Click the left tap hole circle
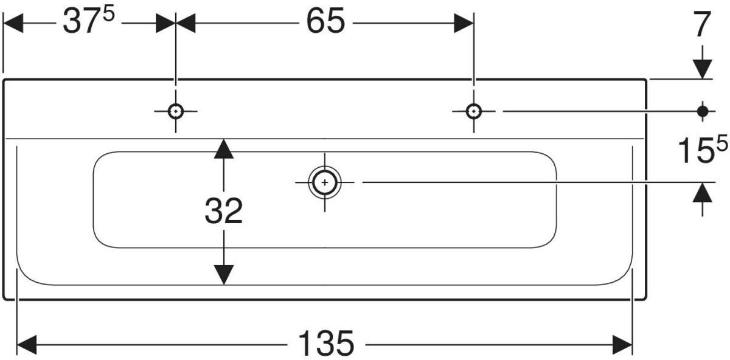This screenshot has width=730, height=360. point(176,111)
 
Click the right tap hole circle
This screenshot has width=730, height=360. point(473,111)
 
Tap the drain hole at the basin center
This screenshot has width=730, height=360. point(325,182)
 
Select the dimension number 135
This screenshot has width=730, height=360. point(325,344)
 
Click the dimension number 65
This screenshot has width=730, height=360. point(325,23)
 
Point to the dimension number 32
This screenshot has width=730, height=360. point(224,211)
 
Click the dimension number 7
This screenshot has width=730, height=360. point(702,25)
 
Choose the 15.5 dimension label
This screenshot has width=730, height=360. point(703,151)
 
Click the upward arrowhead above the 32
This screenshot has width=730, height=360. point(224,148)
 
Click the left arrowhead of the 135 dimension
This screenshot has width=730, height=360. point(26,345)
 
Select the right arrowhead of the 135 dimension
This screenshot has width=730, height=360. point(623,345)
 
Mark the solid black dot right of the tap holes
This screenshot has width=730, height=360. point(703,111)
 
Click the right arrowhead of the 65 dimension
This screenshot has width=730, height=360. point(463,24)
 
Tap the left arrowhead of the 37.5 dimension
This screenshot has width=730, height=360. point(14,24)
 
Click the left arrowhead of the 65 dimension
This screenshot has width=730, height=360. point(186,24)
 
